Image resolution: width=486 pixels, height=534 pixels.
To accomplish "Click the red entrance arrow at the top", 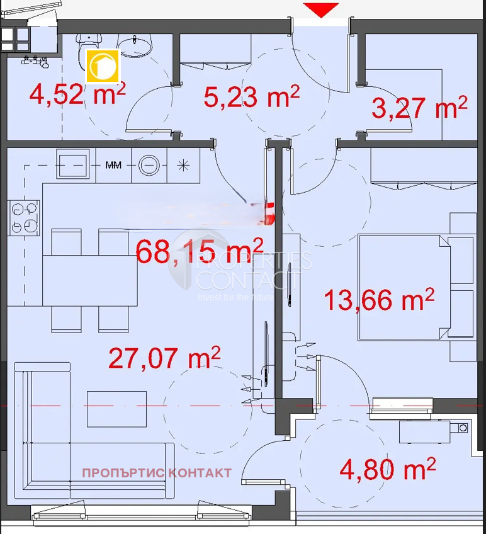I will click(x=321, y=9).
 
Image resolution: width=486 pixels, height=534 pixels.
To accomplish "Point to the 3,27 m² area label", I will click(x=419, y=107).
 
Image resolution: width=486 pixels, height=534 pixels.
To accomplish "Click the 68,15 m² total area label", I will click(x=200, y=251).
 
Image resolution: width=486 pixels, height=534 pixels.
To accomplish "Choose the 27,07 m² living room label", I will click(x=164, y=358).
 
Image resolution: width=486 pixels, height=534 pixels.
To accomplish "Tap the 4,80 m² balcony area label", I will click(x=387, y=468).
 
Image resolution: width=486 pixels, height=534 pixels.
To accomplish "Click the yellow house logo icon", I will click(x=103, y=66).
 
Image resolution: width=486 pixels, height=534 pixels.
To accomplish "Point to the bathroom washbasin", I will click(x=135, y=44).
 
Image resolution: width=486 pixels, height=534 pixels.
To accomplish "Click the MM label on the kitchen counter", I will click(x=113, y=166).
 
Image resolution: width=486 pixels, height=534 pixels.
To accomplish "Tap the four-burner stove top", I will click(x=24, y=217).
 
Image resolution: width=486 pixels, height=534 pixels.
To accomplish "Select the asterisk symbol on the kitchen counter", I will click(x=184, y=166).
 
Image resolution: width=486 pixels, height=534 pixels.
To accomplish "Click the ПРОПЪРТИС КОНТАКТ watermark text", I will click(x=157, y=473).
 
